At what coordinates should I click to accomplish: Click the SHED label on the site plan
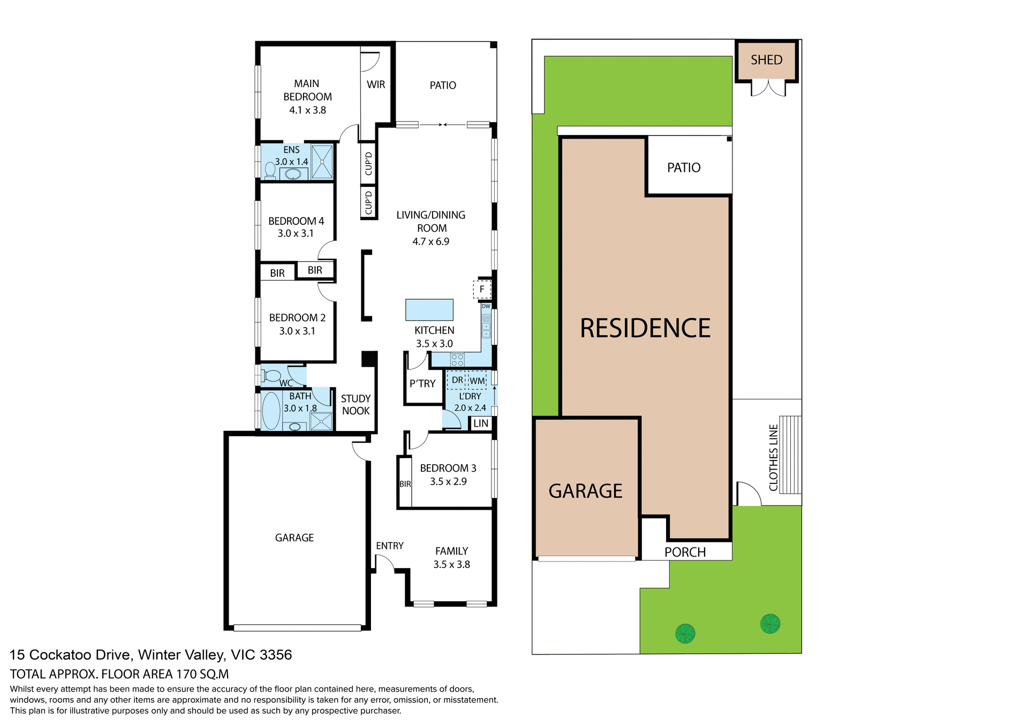click(x=766, y=60)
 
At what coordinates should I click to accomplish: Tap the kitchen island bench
click(x=429, y=309)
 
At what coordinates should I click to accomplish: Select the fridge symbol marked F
click(x=482, y=289)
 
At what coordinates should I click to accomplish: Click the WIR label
click(x=376, y=85)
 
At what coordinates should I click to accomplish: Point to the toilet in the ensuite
click(x=270, y=170)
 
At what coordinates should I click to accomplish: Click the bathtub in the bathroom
click(x=271, y=411)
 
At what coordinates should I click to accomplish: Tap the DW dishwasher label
click(x=486, y=306)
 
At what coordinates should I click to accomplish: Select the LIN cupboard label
click(x=481, y=423)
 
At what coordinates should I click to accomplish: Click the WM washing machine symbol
click(x=477, y=381)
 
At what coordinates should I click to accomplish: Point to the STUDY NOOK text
click(x=356, y=405)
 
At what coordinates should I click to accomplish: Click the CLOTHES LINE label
click(x=773, y=458)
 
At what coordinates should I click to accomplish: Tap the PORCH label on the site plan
click(x=685, y=552)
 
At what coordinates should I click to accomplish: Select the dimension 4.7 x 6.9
click(x=430, y=241)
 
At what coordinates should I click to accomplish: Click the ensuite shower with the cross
click(x=322, y=161)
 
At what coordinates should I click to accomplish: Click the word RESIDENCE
click(x=645, y=328)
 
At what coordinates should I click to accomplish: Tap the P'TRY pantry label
click(x=422, y=384)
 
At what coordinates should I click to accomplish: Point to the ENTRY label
click(x=389, y=546)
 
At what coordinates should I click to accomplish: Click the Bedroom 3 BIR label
click(x=405, y=484)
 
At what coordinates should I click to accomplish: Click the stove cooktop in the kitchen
click(x=457, y=359)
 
